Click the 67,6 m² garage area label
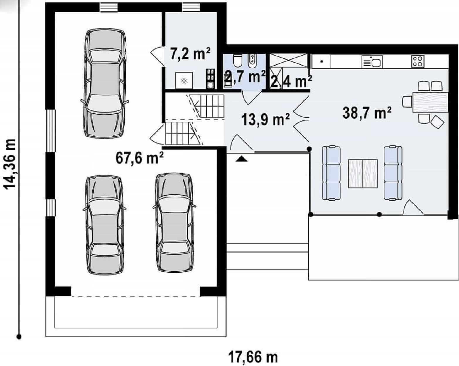[140, 158]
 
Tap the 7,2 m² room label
[190, 53]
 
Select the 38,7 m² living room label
[367, 113]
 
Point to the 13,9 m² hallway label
[266, 120]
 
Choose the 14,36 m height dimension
[10, 164]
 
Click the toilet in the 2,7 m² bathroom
[238, 61]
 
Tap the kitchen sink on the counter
[372, 62]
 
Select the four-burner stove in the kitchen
[418, 61]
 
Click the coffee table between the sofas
[363, 174]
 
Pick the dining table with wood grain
[431, 102]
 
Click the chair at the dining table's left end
[407, 101]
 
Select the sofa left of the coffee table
[331, 173]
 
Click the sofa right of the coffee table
[393, 173]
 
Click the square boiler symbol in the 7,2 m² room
[184, 80]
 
